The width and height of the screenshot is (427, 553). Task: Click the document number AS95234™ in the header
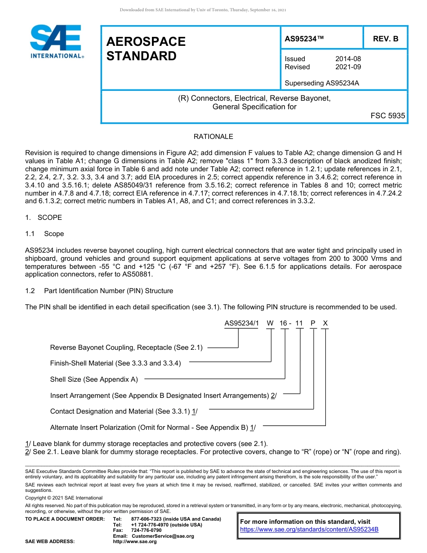tap(304, 39)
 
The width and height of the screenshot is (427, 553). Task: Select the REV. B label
tap(385, 39)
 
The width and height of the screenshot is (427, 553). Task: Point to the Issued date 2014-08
tap(348, 59)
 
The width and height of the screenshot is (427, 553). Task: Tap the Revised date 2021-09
tap(348, 67)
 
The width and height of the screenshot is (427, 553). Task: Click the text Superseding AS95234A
tap(322, 83)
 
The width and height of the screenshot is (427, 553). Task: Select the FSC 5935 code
tap(387, 116)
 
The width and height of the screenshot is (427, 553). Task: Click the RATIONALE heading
tap(213, 137)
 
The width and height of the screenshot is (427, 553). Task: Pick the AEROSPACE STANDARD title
tap(146, 49)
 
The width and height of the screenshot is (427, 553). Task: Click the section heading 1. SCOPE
tap(44, 218)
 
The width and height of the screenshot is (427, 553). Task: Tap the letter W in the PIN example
tap(270, 323)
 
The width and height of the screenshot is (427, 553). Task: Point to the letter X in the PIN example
tap(325, 323)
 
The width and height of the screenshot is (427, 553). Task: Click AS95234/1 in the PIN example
tap(241, 323)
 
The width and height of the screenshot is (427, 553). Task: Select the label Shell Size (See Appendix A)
tap(94, 379)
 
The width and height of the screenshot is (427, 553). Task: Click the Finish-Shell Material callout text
tap(116, 363)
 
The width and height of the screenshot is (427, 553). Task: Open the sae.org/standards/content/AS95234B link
tap(309, 530)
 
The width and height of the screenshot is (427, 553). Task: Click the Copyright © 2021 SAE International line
tap(64, 498)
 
